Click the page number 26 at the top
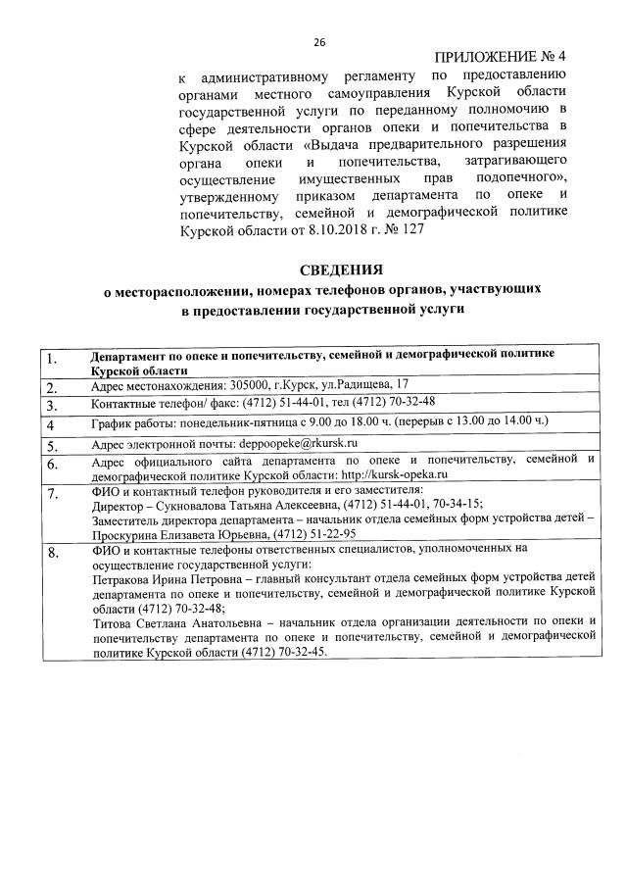(x=318, y=42)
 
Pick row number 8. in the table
(x=54, y=555)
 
